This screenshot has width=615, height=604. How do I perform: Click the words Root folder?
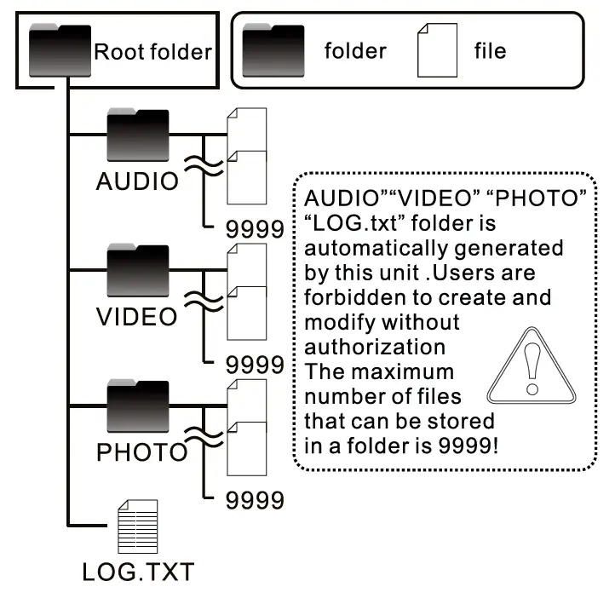[152, 51]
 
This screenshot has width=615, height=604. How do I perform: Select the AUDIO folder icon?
[137, 135]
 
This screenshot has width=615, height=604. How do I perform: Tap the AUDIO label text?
[138, 181]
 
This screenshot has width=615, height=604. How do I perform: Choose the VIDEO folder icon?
[137, 271]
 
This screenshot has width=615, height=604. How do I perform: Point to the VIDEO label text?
[137, 317]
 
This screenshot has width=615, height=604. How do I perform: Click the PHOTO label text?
[141, 452]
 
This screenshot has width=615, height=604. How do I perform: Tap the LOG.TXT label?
[138, 572]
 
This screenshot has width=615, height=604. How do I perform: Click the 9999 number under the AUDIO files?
[255, 228]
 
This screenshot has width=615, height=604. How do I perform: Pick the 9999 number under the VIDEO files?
[255, 365]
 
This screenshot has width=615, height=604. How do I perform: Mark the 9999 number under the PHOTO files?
[255, 501]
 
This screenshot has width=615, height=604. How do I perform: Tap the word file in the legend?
[490, 50]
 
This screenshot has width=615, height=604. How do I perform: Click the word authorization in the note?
[375, 348]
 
